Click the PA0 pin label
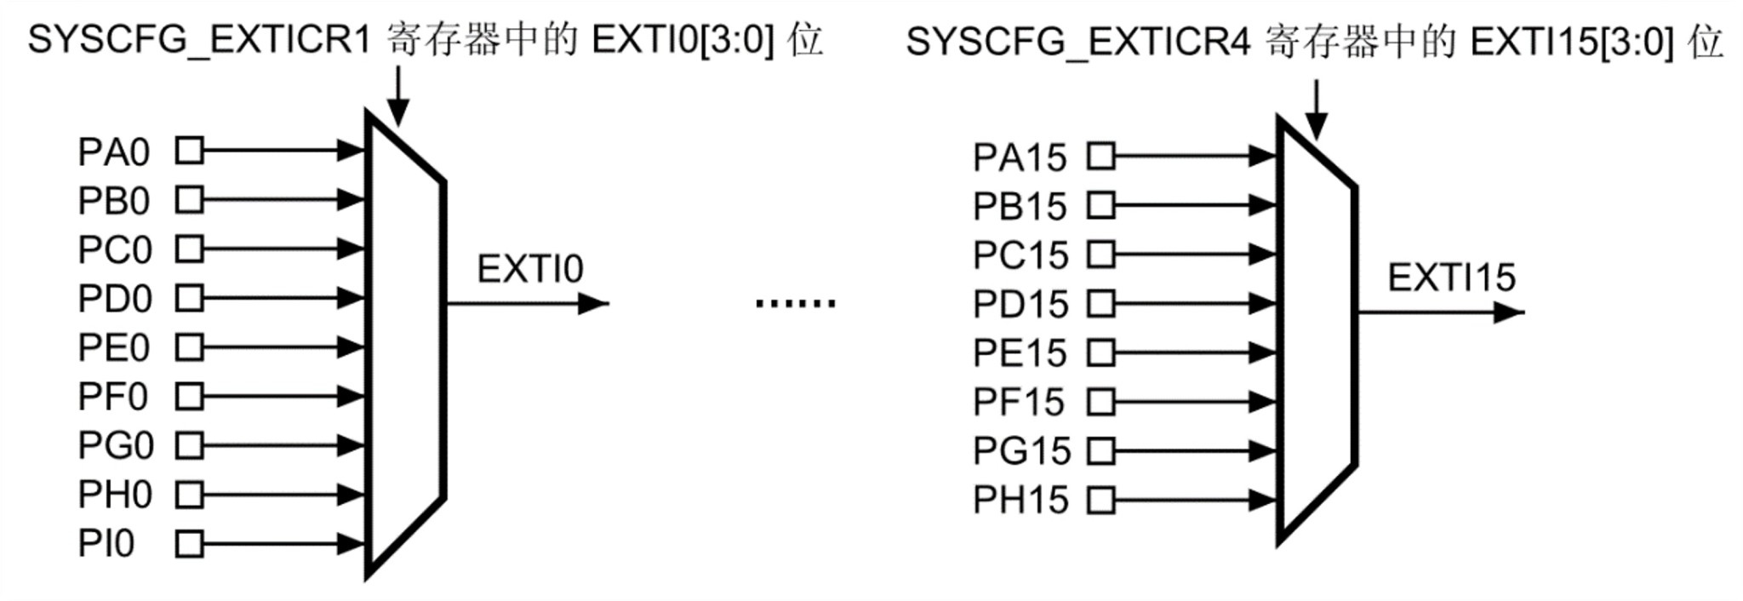point(114,152)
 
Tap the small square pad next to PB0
point(189,200)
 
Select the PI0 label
point(106,544)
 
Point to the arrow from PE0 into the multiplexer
point(284,347)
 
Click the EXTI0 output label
point(530,270)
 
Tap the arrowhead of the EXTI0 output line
point(593,303)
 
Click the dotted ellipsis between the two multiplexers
point(796,302)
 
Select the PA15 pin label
point(1020,157)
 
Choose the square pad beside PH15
point(1101,500)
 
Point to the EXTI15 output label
point(1452,278)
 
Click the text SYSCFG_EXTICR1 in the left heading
point(199,40)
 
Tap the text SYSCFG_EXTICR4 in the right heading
point(1077,42)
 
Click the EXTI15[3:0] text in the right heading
point(1572,42)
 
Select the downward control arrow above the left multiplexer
point(397,96)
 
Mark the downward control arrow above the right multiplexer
point(1316,110)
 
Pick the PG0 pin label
point(116,446)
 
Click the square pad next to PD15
point(1101,304)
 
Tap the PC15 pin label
point(1020,255)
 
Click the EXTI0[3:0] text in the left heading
point(683,40)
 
